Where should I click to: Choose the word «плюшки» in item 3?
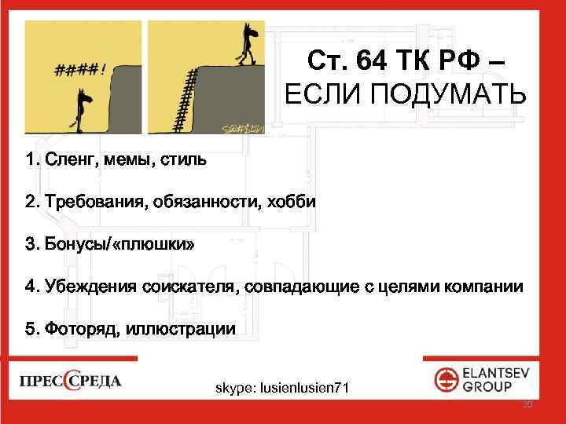tap(154, 245)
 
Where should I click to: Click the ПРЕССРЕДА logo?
tap(70, 382)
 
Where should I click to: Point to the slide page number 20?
tap(527, 405)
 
